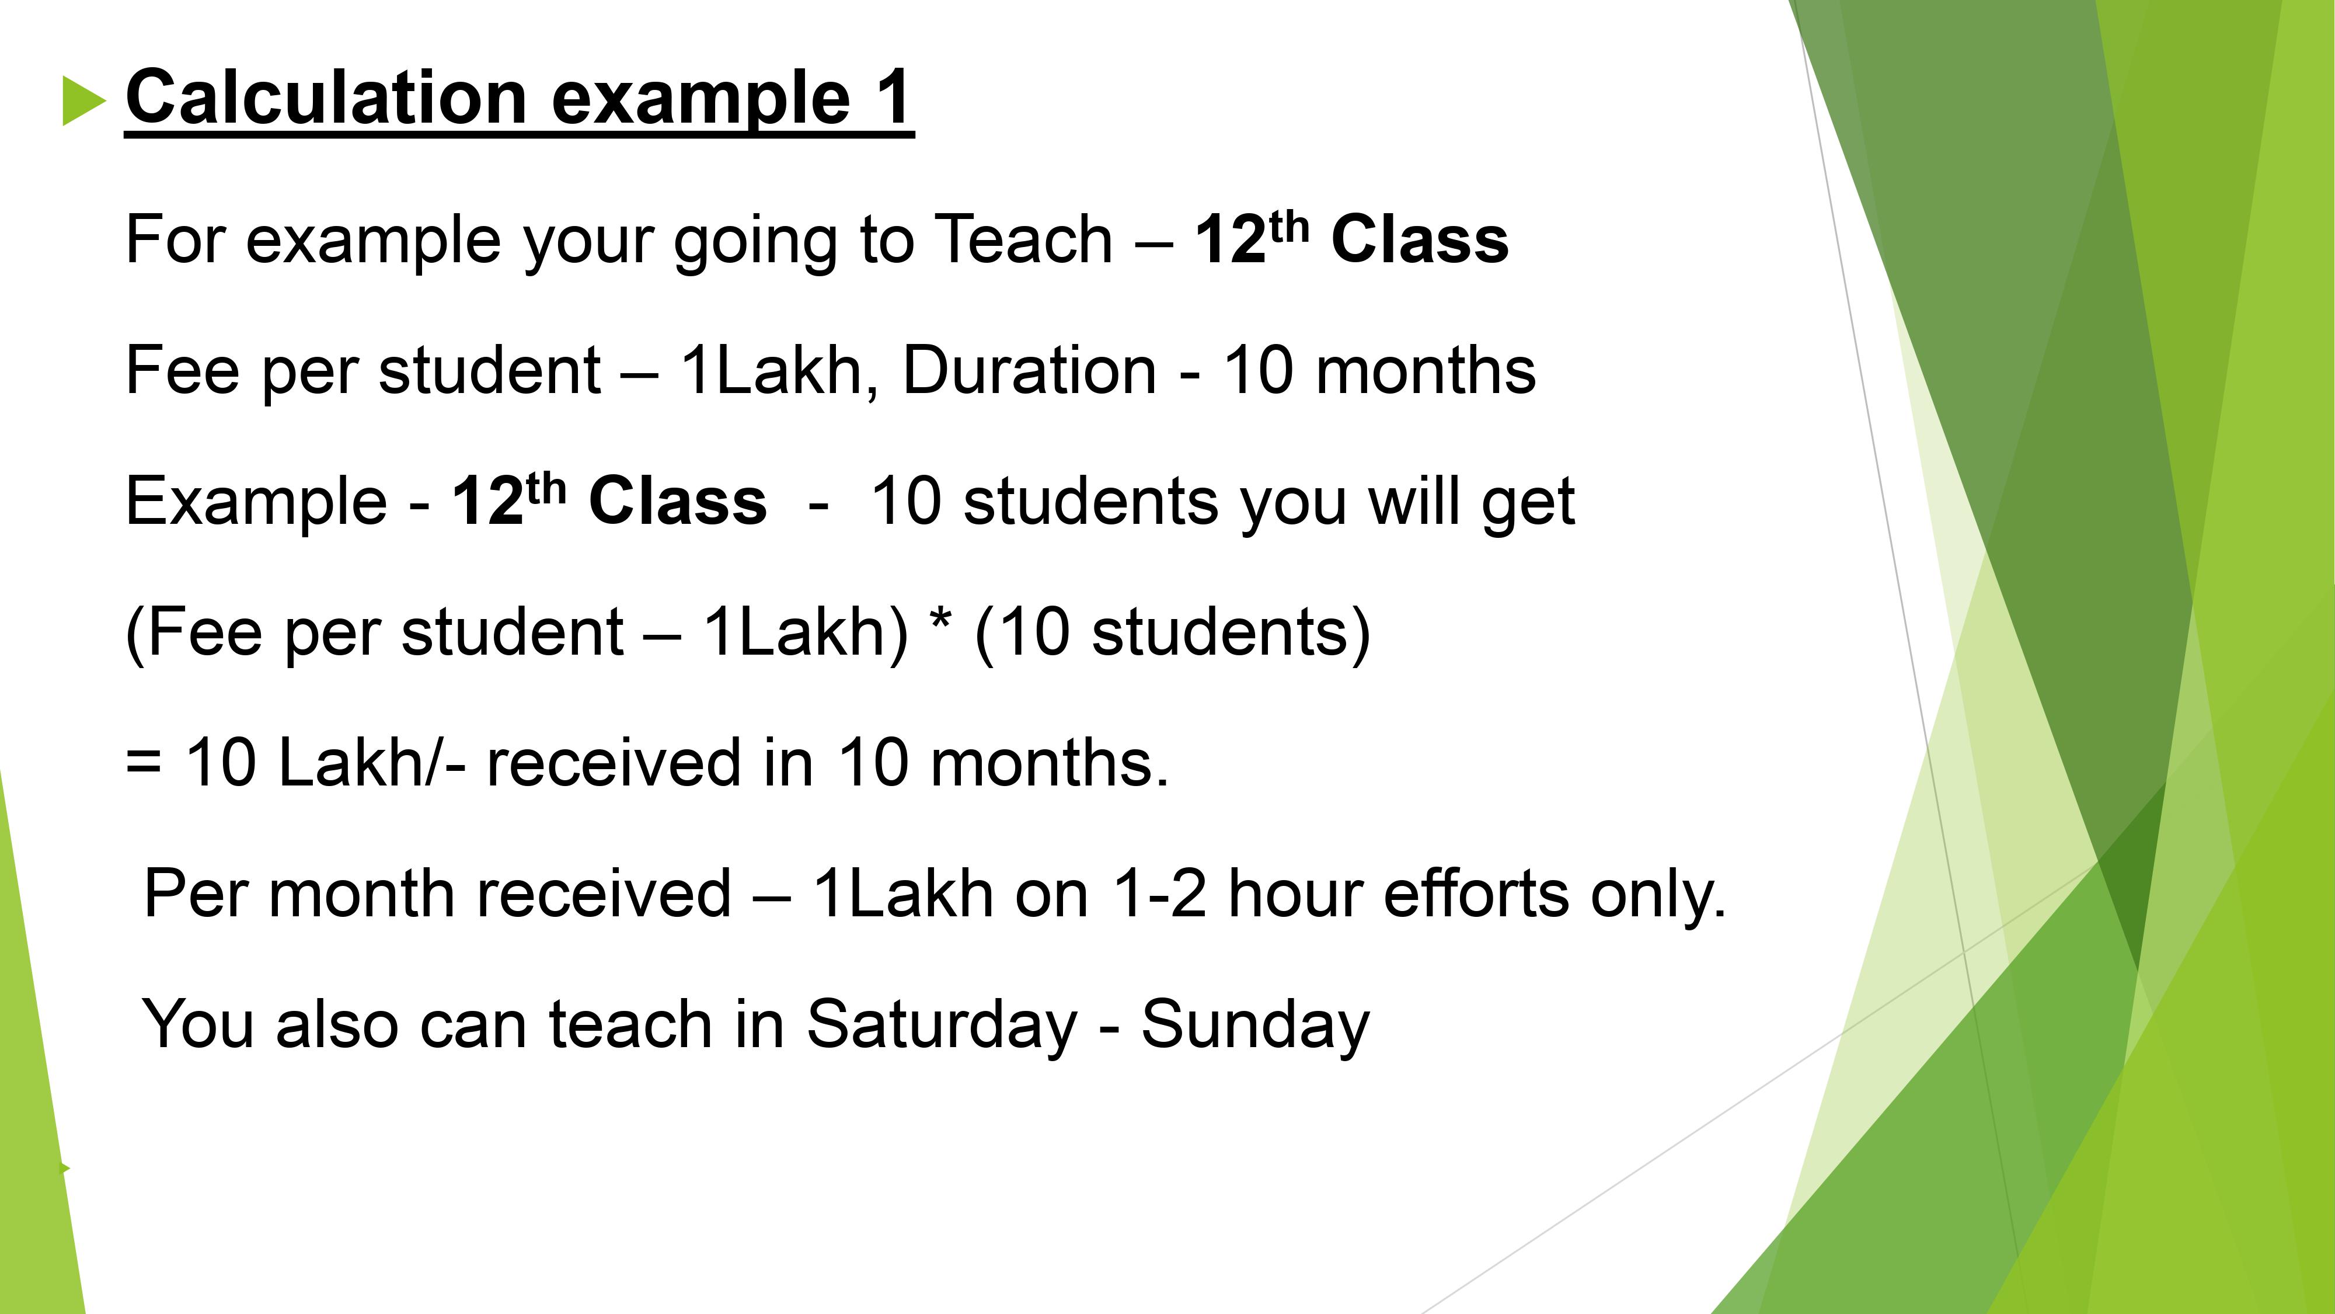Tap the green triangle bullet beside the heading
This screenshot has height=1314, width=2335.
tap(84, 100)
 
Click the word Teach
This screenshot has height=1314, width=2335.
tap(1023, 239)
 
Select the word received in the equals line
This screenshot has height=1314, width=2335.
tap(614, 763)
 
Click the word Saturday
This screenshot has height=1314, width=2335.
tap(942, 1024)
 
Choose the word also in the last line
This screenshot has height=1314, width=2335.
tap(337, 1024)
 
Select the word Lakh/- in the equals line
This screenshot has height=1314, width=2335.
tap(372, 763)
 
